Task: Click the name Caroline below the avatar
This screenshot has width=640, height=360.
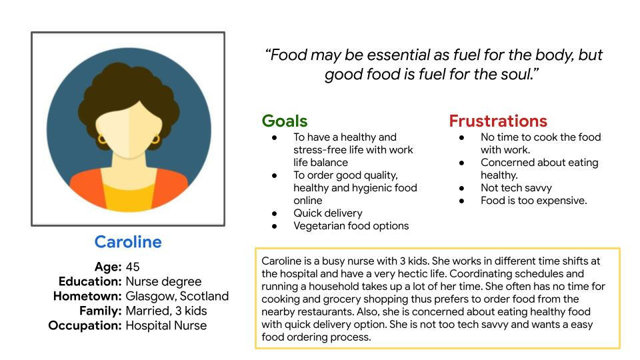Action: point(128,242)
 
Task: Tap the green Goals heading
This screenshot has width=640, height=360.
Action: point(285,121)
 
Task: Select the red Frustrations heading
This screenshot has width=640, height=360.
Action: point(498,121)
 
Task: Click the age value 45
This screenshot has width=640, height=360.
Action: point(133,267)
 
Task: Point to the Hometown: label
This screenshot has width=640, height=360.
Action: point(87,296)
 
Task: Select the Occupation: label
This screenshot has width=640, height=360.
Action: point(85,326)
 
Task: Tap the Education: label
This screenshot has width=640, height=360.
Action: point(90,281)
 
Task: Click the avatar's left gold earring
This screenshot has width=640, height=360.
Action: point(101,139)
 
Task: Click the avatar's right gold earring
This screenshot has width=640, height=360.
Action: point(155,139)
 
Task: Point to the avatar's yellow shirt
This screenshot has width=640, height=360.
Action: point(128,197)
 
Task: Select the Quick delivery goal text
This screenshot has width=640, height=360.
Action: point(328,213)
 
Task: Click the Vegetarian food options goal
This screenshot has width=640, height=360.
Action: point(351,226)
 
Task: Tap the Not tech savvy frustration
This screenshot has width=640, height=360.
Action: point(516,188)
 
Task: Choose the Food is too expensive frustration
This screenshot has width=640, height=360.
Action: point(533,201)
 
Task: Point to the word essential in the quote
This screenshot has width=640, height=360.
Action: point(393,55)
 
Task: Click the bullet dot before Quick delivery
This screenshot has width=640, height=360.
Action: point(274,213)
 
